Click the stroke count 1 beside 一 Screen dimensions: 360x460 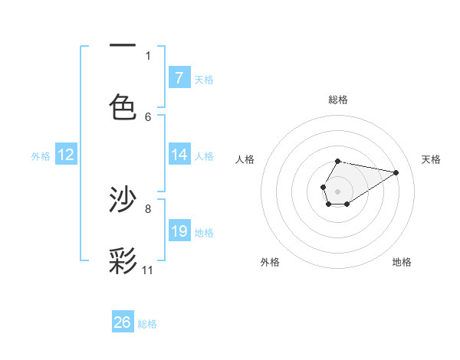coord(148,55)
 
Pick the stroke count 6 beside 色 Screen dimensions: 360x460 coord(148,116)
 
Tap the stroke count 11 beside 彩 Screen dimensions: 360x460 coord(148,270)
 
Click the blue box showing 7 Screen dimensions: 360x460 coord(179,78)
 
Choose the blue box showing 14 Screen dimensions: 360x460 coord(179,155)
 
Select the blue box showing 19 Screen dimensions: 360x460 coord(179,231)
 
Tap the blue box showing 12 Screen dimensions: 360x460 coord(66,155)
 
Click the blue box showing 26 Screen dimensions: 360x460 coord(123,322)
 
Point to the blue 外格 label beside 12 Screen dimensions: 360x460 coord(41,156)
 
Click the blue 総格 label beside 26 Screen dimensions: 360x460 coord(147,324)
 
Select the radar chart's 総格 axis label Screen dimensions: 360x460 coord(338,100)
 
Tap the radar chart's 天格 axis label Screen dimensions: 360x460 coord(432,159)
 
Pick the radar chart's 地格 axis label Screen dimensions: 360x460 coord(402,262)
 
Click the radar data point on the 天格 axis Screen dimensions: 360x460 coord(396,172)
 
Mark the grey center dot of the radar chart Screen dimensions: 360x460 coord(337,190)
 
